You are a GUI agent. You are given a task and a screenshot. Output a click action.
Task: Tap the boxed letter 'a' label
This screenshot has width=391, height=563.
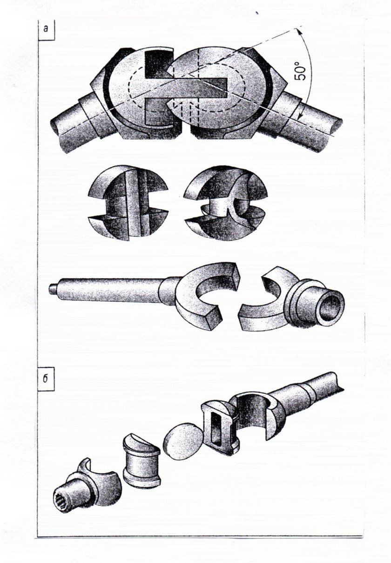(x=46, y=29)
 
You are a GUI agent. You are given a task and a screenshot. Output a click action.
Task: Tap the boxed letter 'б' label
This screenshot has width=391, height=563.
(x=45, y=379)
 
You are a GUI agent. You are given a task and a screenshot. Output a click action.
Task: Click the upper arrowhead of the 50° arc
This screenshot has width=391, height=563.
(x=297, y=30)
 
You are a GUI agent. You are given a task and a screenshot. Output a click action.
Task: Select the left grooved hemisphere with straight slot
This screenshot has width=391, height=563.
(x=128, y=203)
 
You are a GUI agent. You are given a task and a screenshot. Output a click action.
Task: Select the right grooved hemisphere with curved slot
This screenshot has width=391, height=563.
(x=226, y=203)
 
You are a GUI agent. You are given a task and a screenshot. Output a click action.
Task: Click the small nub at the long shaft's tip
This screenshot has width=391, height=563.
(x=52, y=288)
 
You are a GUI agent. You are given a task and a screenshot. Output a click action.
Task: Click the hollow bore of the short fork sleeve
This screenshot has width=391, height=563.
(x=332, y=306)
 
